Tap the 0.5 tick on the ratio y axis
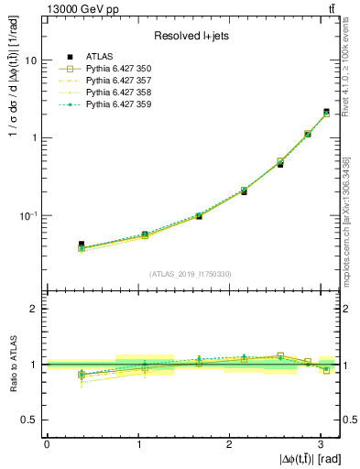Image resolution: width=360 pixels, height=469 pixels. pyautogui.click(x=29, y=420)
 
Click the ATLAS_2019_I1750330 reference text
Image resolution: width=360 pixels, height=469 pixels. pyautogui.click(x=191, y=274)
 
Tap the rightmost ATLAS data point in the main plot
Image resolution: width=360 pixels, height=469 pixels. pyautogui.click(x=326, y=112)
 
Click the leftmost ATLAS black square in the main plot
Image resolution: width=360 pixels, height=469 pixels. pyautogui.click(x=82, y=245)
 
